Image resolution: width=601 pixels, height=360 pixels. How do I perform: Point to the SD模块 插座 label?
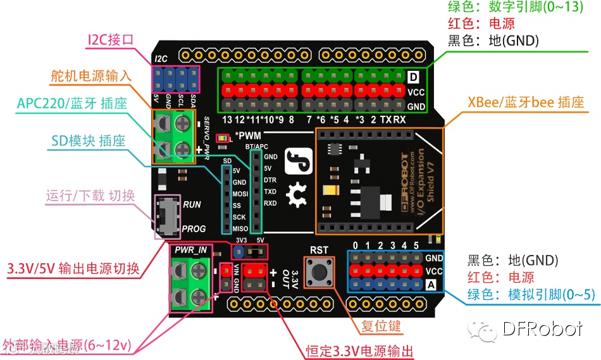(88, 140)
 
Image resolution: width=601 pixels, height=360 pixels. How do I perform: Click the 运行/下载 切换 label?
(90, 195)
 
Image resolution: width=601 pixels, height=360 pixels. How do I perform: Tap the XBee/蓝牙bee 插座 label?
(525, 102)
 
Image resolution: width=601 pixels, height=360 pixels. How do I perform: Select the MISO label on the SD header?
(240, 228)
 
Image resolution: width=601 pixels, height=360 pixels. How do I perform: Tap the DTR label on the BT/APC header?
(270, 180)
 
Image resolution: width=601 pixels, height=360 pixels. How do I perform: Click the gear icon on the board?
(295, 197)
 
